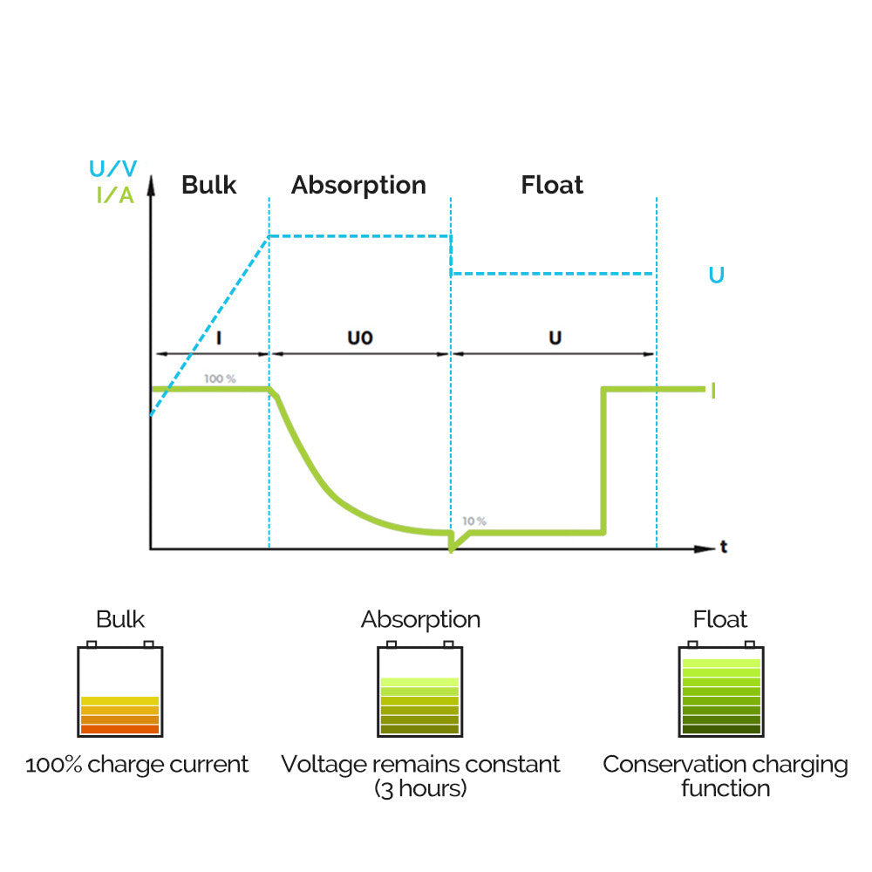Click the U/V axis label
click(x=112, y=169)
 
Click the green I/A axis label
click(x=114, y=194)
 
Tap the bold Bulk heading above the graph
click(x=209, y=185)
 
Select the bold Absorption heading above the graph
click(x=358, y=185)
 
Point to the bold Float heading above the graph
click(x=552, y=185)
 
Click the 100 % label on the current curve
click(x=220, y=379)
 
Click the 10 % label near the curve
click(x=474, y=521)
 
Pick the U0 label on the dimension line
click(x=360, y=337)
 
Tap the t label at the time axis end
click(x=724, y=548)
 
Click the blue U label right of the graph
click(x=716, y=276)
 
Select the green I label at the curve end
click(x=713, y=390)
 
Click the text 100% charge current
click(x=137, y=765)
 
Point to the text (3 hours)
click(x=420, y=788)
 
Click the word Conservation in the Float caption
click(x=664, y=765)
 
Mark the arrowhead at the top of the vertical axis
click(x=151, y=183)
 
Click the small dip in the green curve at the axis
click(x=451, y=548)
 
